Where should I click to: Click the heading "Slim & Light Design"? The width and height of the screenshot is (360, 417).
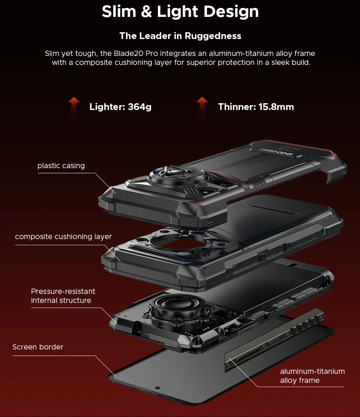coord(180,12)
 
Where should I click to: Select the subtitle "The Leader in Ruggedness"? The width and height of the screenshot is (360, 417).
coord(180,36)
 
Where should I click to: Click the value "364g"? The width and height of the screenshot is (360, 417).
coord(140,107)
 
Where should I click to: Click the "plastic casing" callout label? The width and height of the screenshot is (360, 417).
coord(61,166)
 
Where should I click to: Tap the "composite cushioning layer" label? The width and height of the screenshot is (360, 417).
coord(63,236)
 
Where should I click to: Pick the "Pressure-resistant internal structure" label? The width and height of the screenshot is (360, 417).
coord(63,296)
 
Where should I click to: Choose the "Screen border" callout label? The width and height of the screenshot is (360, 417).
coord(38,347)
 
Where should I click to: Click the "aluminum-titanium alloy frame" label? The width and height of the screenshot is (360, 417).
coord(312,376)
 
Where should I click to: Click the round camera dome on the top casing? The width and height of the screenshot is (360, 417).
coord(178,176)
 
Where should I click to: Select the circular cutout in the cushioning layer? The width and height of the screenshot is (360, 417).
coord(178,241)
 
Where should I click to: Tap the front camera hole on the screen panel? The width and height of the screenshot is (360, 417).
coord(157,388)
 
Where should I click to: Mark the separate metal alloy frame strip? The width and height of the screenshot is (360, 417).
coord(274,341)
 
